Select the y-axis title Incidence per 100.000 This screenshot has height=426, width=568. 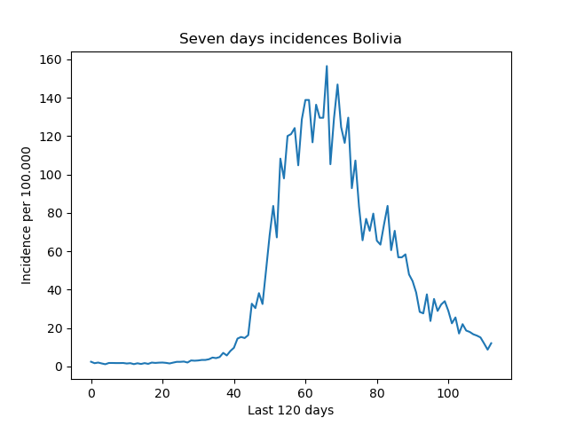coord(26,216)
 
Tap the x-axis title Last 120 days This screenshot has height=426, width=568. coord(290,410)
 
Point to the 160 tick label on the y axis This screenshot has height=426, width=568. coord(51,59)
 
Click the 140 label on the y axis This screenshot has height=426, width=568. coord(51,99)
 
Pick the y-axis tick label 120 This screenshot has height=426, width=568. coord(51,137)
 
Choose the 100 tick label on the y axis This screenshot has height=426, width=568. coord(51,175)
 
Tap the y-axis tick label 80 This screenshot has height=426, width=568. coord(54,213)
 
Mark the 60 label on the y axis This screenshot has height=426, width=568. coord(54,252)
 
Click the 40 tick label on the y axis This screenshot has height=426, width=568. coord(54,290)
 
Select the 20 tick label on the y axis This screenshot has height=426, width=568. coord(54,328)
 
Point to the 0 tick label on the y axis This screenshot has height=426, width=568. coord(59,367)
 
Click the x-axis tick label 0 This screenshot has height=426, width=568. coord(91,393)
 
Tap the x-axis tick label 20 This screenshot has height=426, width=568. coord(162,393)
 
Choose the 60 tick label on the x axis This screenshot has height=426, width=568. coord(305,393)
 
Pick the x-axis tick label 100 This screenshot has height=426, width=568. coord(448,393)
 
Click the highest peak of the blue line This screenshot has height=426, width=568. coord(327,66)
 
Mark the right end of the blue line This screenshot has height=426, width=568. coord(492,343)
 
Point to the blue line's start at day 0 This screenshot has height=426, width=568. coord(91,361)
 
